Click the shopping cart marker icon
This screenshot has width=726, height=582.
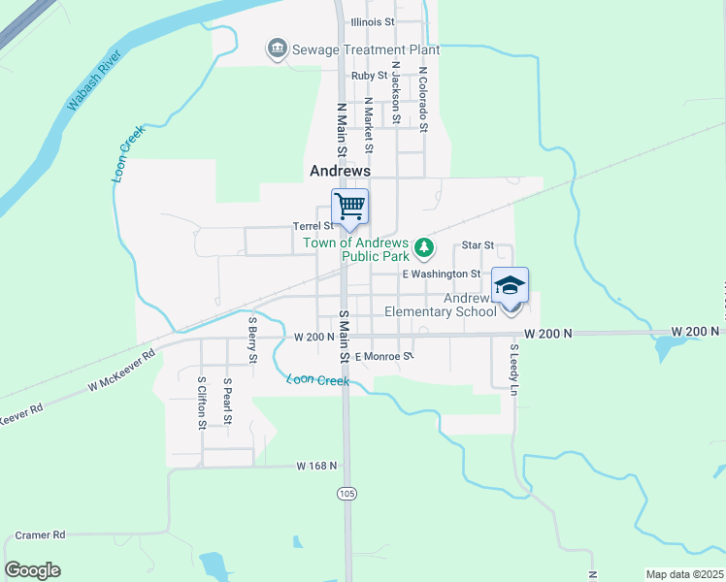(x=349, y=206)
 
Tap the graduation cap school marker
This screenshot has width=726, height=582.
(x=511, y=285)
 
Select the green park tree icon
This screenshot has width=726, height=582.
(x=423, y=248)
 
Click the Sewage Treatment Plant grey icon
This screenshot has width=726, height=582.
(x=278, y=49)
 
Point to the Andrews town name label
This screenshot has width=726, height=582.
(x=340, y=170)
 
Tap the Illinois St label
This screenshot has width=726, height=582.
(x=373, y=20)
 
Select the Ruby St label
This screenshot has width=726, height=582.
(x=370, y=75)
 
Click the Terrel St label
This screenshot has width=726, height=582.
(x=313, y=226)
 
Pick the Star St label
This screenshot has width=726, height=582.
(x=478, y=245)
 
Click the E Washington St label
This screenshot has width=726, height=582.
(x=442, y=275)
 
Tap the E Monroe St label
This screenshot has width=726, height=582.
(x=384, y=357)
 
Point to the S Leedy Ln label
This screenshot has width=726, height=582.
(x=514, y=367)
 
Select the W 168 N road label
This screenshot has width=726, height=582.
(x=316, y=467)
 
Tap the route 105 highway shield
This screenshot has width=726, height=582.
(x=346, y=494)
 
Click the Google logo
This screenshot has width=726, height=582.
(x=32, y=569)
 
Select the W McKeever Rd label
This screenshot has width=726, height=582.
(x=120, y=371)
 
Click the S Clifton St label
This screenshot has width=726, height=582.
(x=202, y=403)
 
